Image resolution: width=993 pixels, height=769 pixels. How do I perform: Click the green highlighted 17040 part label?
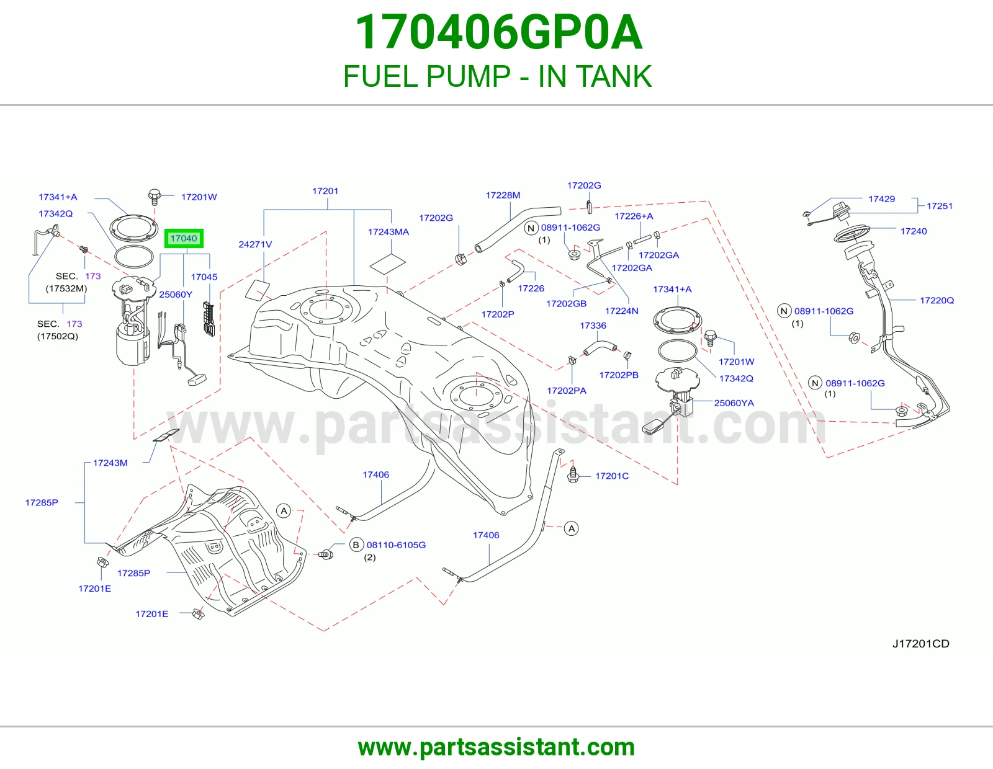point(184,238)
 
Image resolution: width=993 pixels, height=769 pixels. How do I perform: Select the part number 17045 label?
point(204,277)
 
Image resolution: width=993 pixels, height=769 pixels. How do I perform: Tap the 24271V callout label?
point(255,244)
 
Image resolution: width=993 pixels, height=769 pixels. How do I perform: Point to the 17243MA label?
point(389,232)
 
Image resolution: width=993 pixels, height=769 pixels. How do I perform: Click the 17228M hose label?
point(503,195)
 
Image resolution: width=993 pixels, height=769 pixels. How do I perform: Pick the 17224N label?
point(621,311)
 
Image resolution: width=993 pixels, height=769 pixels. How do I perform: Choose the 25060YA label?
point(734,403)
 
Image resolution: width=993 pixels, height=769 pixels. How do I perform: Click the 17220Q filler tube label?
point(937,301)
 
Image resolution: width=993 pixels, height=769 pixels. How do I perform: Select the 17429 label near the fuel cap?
point(881,199)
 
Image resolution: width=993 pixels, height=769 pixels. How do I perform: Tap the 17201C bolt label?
point(612,476)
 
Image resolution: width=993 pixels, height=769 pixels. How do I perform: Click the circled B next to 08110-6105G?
point(356,545)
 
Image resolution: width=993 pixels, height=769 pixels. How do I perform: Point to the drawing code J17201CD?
point(921,644)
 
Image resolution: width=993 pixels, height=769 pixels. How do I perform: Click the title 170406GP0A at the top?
point(498,32)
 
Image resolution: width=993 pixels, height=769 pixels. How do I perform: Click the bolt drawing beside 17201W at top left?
point(155,197)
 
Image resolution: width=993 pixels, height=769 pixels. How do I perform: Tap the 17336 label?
point(593,326)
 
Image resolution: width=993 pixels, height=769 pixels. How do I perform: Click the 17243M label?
point(110,463)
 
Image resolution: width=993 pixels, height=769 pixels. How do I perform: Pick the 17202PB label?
point(619,375)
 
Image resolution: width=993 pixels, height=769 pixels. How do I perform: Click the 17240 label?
point(914,231)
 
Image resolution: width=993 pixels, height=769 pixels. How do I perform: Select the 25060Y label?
point(176,295)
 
